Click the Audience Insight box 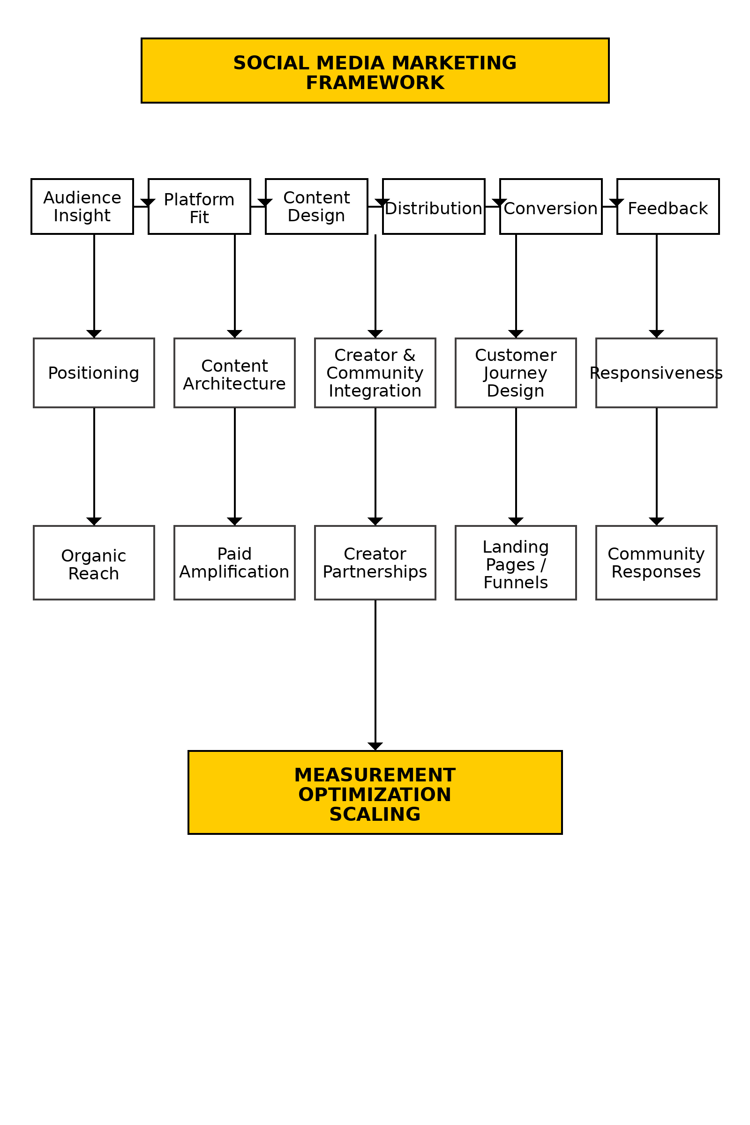[x=82, y=206]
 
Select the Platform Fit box [x=199, y=206]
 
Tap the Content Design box [x=316, y=206]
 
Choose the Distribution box [x=433, y=206]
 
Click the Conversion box [x=550, y=206]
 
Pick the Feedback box [x=667, y=206]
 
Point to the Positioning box [x=94, y=373]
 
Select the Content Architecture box [x=234, y=373]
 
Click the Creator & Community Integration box [x=375, y=373]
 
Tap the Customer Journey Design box [x=516, y=373]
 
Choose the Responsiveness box [x=656, y=373]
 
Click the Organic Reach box [x=94, y=562]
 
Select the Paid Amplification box [x=234, y=562]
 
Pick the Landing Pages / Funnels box [x=516, y=562]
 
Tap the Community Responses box [x=656, y=562]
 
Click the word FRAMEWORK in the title [x=375, y=83]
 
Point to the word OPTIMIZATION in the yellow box [x=375, y=795]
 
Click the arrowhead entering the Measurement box [x=375, y=746]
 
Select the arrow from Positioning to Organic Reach [x=94, y=464]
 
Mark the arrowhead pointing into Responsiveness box [x=656, y=333]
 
